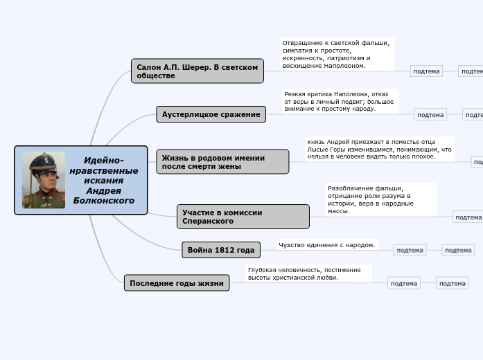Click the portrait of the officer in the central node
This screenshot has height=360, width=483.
pyautogui.click(x=44, y=179)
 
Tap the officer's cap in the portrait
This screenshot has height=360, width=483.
pyautogui.click(x=43, y=160)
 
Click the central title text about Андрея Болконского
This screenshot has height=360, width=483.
pyautogui.click(x=104, y=180)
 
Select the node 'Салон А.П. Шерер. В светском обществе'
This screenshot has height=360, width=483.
pyautogui.click(x=197, y=71)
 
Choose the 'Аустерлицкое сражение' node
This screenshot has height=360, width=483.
pyautogui.click(x=211, y=114)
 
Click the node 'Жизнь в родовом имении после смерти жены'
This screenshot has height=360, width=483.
pyautogui.click(x=222, y=162)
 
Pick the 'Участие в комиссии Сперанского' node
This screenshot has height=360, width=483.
pyautogui.click(x=243, y=217)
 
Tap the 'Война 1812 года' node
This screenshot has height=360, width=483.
pyautogui.click(x=220, y=250)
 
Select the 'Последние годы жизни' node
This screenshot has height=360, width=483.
pyautogui.click(x=177, y=282)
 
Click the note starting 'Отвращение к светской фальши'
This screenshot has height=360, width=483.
pyautogui.click(x=337, y=54)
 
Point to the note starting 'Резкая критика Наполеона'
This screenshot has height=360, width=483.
pyautogui.click(x=340, y=101)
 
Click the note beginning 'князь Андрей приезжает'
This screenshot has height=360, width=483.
pyautogui.click(x=379, y=149)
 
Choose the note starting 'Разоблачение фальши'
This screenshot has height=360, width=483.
pyautogui.click(x=380, y=199)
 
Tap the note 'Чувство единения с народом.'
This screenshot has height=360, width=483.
pyautogui.click(x=327, y=244)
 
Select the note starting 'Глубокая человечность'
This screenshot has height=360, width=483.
pyautogui.click(x=308, y=273)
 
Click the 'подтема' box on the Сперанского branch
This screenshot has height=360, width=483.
pyautogui.click(x=468, y=217)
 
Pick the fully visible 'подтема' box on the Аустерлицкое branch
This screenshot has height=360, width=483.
pyautogui.click(x=430, y=114)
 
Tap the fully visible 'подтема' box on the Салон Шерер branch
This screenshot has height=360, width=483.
pyautogui.click(x=426, y=71)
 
